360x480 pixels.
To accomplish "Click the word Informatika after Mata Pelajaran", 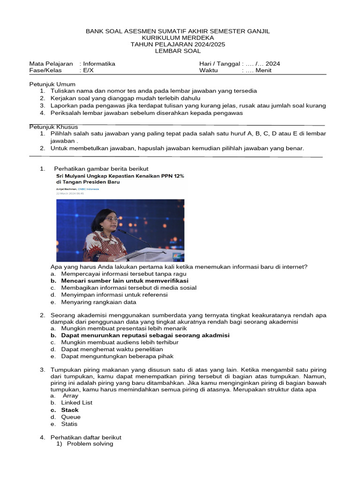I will point(99,64).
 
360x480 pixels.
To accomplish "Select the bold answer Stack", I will point(70,410).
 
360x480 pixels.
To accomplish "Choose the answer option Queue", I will point(71,417).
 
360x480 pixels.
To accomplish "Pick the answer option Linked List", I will point(77,402).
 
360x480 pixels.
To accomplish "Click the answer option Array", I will point(70,396).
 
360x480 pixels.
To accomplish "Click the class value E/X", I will point(89,71).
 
